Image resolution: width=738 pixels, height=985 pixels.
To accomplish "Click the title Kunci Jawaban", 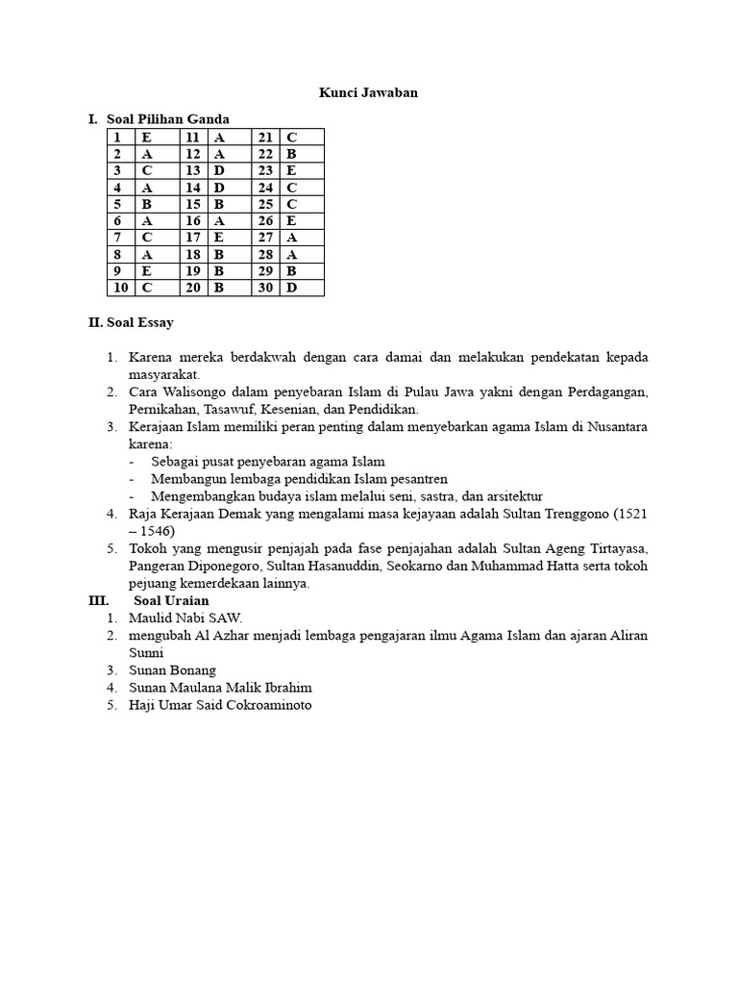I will click(368, 93).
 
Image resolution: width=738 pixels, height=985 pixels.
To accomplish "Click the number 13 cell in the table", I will click(193, 171).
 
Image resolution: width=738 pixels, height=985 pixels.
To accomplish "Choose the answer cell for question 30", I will click(302, 289).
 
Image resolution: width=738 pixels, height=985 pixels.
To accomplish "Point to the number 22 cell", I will click(266, 154).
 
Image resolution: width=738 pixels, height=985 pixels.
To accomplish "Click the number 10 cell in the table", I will click(121, 289).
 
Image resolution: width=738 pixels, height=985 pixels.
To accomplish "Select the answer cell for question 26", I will click(302, 221).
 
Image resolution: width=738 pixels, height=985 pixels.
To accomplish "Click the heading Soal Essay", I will click(131, 323).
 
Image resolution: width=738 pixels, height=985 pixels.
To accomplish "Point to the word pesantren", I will click(416, 478).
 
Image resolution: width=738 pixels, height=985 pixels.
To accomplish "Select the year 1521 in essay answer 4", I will click(631, 514).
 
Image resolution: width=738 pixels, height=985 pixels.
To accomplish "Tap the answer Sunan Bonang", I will click(172, 669).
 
